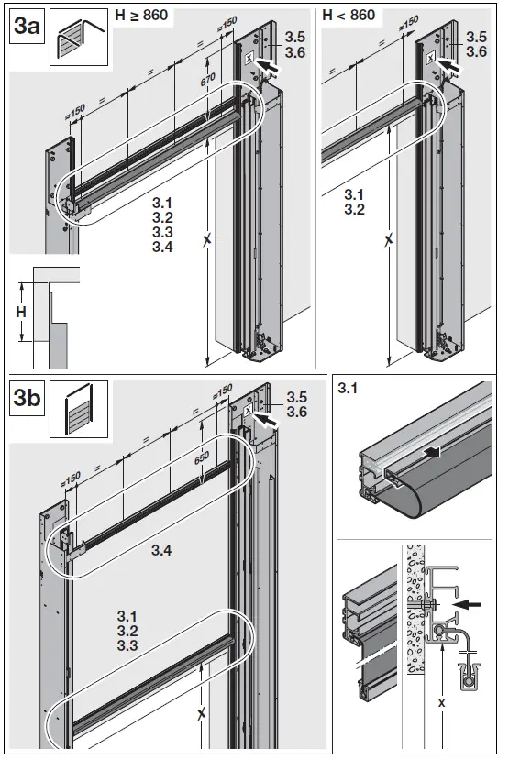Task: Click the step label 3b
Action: point(25,400)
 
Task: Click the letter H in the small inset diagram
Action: point(21,312)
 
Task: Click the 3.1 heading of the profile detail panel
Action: point(348,389)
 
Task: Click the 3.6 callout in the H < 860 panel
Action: point(476,53)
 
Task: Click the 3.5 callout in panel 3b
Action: point(296,397)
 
